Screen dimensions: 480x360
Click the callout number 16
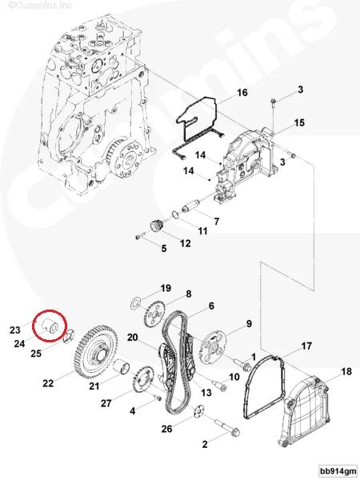click(x=242, y=93)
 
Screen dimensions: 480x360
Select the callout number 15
click(x=299, y=122)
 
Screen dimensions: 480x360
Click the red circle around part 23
click(x=50, y=326)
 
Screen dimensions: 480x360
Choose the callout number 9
click(x=249, y=323)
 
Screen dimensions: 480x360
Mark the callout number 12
click(x=185, y=242)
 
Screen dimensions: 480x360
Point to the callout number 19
click(x=166, y=287)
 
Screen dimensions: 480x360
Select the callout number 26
click(x=166, y=430)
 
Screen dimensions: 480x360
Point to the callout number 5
click(x=164, y=250)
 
